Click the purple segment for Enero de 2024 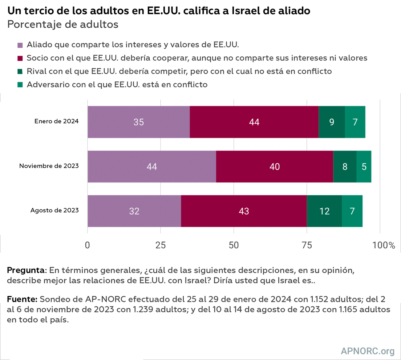click(x=138, y=122)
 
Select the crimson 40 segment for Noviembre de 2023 click(x=275, y=167)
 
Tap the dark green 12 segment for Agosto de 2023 click(x=324, y=211)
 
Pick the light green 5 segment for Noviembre click(x=364, y=167)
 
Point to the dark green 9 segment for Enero click(x=332, y=122)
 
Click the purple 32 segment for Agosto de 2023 click(x=134, y=211)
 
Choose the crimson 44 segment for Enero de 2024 click(x=254, y=122)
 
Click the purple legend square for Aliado click(x=20, y=45)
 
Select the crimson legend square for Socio click(x=20, y=59)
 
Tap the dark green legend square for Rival click(x=20, y=72)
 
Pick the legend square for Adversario click(x=20, y=85)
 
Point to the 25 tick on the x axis click(x=161, y=245)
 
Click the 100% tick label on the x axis click(x=384, y=245)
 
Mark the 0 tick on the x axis click(x=88, y=245)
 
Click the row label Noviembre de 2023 click(x=49, y=166)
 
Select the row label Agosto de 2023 click(x=54, y=211)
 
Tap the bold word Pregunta click(x=25, y=271)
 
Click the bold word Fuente click(x=22, y=299)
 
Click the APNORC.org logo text click(x=368, y=351)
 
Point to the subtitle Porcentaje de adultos click(x=63, y=24)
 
